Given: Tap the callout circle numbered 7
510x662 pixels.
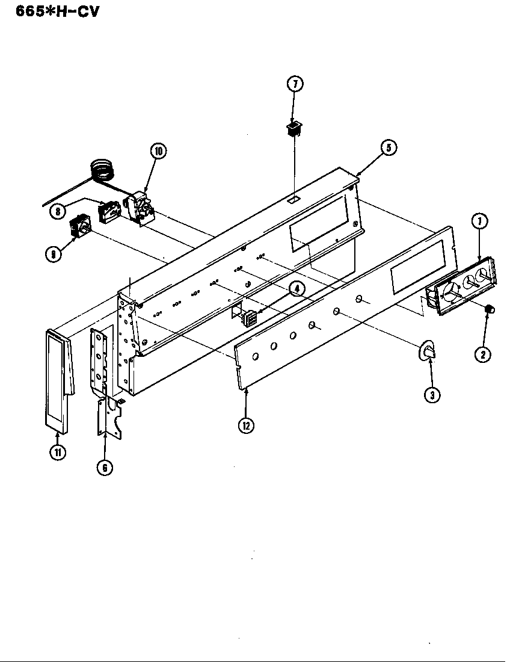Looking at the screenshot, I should pos(295,84).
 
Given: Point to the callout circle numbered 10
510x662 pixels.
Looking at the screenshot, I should pos(158,151).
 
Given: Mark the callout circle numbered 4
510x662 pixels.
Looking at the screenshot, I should pos(295,288).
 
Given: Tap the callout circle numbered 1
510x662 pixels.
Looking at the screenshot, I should pos(480,221).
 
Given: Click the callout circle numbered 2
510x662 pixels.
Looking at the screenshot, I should pos(482,354).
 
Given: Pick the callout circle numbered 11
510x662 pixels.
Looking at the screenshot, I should pos(58,453).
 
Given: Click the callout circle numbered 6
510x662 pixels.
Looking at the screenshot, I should pos(105,468).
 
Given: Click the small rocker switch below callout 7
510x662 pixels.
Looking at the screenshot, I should pos(293,128).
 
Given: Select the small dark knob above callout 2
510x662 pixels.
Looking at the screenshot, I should pos(489,309).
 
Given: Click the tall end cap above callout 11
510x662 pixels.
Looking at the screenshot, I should pos(58,379).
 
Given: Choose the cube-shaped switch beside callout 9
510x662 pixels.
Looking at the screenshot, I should pos(80,227).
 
